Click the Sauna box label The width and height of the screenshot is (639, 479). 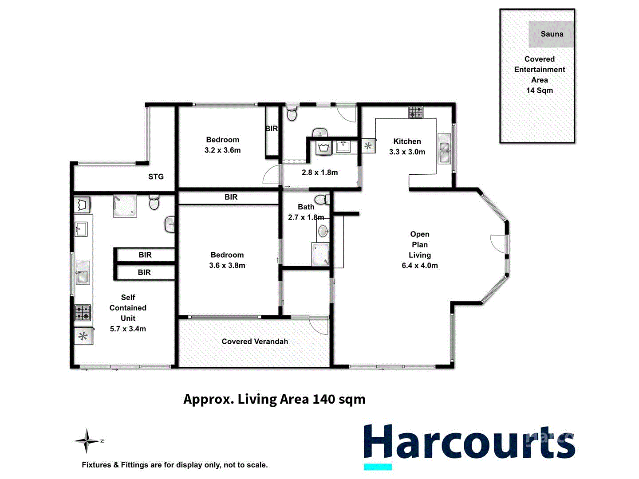tap(552, 34)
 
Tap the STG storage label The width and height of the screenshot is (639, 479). tap(156, 177)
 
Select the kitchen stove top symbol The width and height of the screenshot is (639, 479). tap(416, 112)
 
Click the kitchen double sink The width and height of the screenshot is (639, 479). tap(444, 148)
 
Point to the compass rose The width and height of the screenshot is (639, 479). tap(87, 441)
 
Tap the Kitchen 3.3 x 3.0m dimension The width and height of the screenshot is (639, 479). tap(407, 152)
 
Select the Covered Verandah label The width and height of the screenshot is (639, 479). tap(255, 342)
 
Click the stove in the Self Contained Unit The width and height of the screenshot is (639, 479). tap(83, 312)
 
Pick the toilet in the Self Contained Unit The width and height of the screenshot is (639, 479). tap(154, 202)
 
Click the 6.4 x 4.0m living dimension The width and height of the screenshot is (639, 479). tap(419, 266)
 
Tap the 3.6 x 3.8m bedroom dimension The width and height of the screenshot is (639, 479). tap(227, 266)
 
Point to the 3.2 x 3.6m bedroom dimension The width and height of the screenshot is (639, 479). tap(222, 150)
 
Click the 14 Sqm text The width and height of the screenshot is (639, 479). tap(540, 90)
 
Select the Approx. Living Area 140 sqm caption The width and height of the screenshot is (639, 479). tap(274, 399)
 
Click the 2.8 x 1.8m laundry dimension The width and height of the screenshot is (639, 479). tap(319, 173)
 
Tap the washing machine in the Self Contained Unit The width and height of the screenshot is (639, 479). tap(82, 205)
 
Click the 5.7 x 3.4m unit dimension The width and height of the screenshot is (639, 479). tap(128, 329)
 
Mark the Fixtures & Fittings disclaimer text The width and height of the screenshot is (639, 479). tap(174, 465)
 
